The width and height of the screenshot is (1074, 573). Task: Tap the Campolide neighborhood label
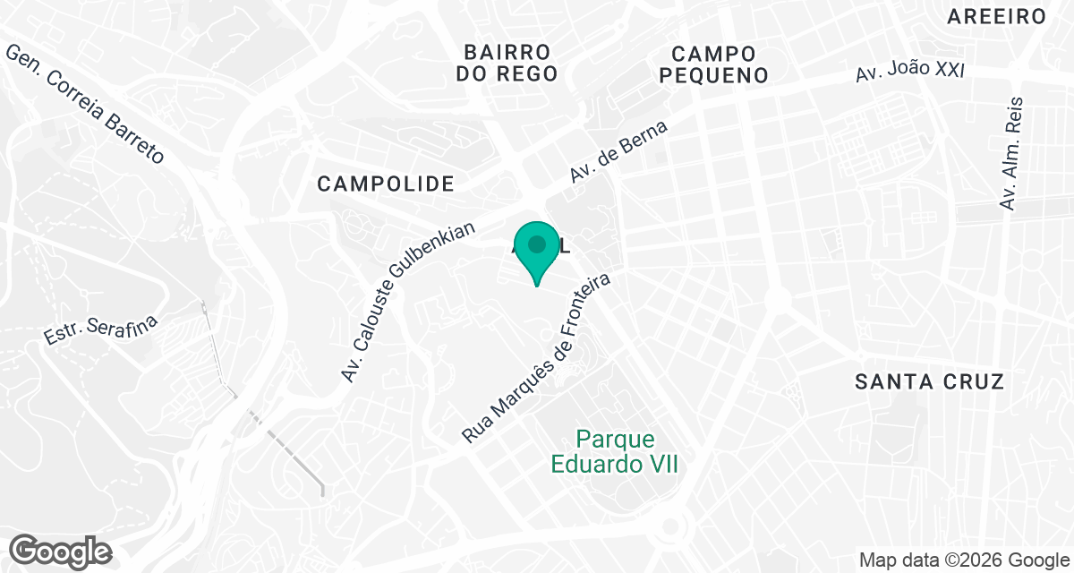pyautogui.click(x=387, y=184)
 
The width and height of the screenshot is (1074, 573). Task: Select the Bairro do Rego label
pyautogui.click(x=507, y=63)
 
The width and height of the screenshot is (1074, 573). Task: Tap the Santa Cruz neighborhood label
pyautogui.click(x=929, y=381)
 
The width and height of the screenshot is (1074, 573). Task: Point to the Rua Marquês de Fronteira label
pyautogui.click(x=536, y=358)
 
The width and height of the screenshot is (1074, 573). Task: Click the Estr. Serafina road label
pyautogui.click(x=100, y=329)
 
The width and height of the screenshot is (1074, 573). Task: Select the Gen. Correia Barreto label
pyautogui.click(x=86, y=104)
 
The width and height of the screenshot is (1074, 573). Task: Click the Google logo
pyautogui.click(x=61, y=551)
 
